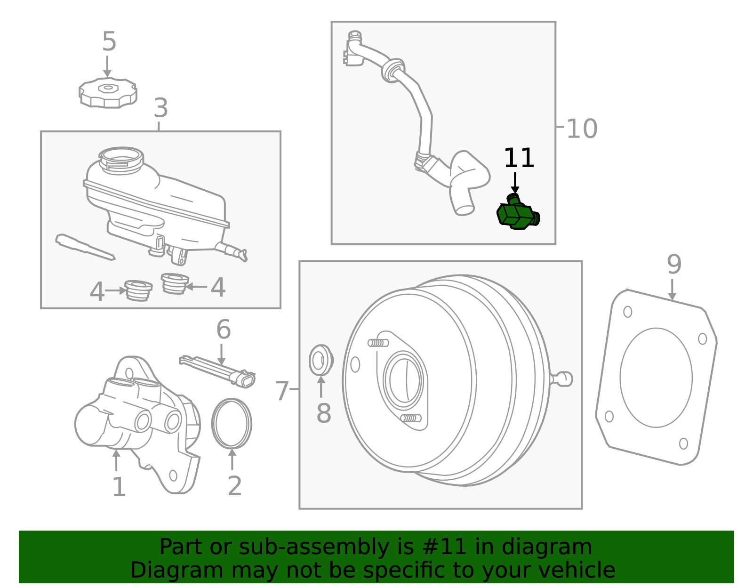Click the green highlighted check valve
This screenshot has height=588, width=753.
(517, 215)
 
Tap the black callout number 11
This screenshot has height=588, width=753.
(519, 158)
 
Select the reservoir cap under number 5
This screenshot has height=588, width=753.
(108, 93)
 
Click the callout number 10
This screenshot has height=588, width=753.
(582, 129)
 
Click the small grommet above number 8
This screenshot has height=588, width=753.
(320, 360)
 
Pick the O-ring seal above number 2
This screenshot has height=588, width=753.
(232, 423)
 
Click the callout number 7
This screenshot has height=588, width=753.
(281, 391)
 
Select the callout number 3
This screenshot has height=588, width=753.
(160, 108)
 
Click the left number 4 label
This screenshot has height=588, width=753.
(97, 291)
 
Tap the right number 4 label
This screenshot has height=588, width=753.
(217, 287)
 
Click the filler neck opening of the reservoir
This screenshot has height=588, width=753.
(121, 155)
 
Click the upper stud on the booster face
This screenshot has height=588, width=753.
(378, 342)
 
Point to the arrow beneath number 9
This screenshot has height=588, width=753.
(672, 289)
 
